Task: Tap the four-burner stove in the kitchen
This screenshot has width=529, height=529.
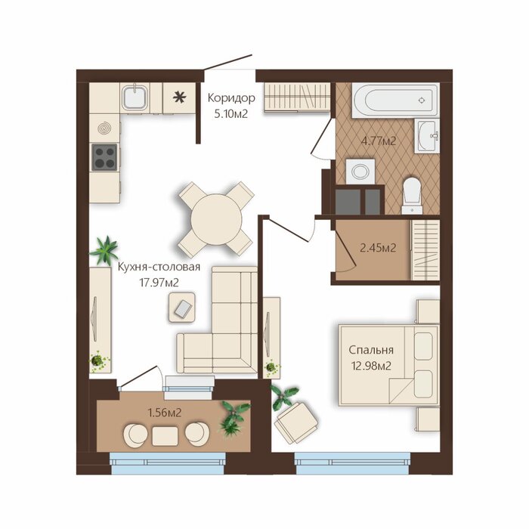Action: tap(104, 157)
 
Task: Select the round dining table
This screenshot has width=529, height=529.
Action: tap(216, 219)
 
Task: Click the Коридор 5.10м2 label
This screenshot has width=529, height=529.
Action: tap(231, 106)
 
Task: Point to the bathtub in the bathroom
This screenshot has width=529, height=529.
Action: tap(395, 101)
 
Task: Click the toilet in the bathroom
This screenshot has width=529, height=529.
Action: tap(412, 196)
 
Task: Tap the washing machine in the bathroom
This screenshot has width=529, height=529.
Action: tap(360, 172)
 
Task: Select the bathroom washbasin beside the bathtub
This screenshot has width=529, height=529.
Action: tap(428, 135)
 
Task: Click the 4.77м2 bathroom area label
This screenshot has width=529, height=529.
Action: tap(379, 141)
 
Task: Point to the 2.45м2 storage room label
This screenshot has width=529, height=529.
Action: tap(378, 248)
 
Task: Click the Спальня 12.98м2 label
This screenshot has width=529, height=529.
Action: tap(371, 357)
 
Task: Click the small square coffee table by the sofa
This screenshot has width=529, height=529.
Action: tap(182, 308)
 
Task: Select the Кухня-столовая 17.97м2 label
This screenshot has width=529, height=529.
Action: tap(159, 274)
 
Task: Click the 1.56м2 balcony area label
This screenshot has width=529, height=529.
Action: tap(165, 413)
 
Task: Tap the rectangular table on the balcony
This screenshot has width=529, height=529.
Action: tap(165, 436)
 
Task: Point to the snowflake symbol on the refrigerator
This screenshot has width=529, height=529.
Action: tap(179, 97)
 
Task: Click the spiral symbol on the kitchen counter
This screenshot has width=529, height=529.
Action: tap(104, 128)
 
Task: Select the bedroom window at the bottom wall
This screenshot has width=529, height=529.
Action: tap(352, 463)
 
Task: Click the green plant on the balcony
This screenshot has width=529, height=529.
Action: tap(234, 418)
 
